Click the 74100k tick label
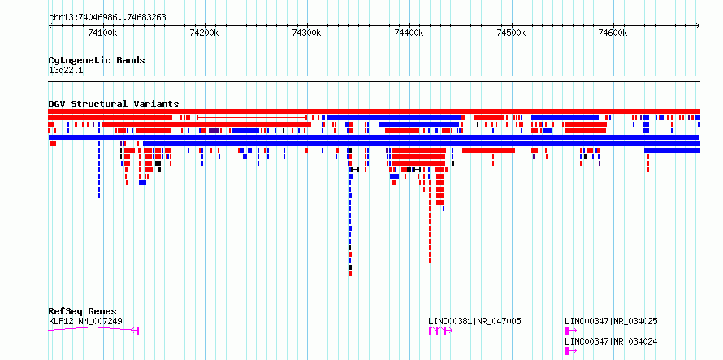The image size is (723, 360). (102, 33)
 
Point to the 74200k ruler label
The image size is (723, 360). (205, 33)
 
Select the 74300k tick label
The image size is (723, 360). (306, 33)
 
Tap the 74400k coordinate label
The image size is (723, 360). (409, 33)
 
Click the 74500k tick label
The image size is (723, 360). (511, 33)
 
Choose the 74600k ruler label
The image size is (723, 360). (613, 33)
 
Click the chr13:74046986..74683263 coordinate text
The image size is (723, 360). (107, 18)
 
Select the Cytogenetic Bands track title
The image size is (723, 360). (97, 60)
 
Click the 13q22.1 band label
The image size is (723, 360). (66, 70)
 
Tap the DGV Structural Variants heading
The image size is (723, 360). (114, 104)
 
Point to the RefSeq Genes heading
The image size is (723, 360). (83, 311)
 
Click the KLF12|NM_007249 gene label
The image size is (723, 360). (85, 321)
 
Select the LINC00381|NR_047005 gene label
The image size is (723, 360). (475, 321)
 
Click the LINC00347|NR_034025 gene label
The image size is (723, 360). (612, 321)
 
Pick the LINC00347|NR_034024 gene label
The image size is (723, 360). (612, 341)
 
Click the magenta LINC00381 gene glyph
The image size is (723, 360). (441, 331)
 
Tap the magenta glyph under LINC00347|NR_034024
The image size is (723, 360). (571, 351)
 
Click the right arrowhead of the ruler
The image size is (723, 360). (698, 26)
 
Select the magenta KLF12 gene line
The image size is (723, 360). (93, 328)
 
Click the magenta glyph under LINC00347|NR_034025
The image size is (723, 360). (571, 331)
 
